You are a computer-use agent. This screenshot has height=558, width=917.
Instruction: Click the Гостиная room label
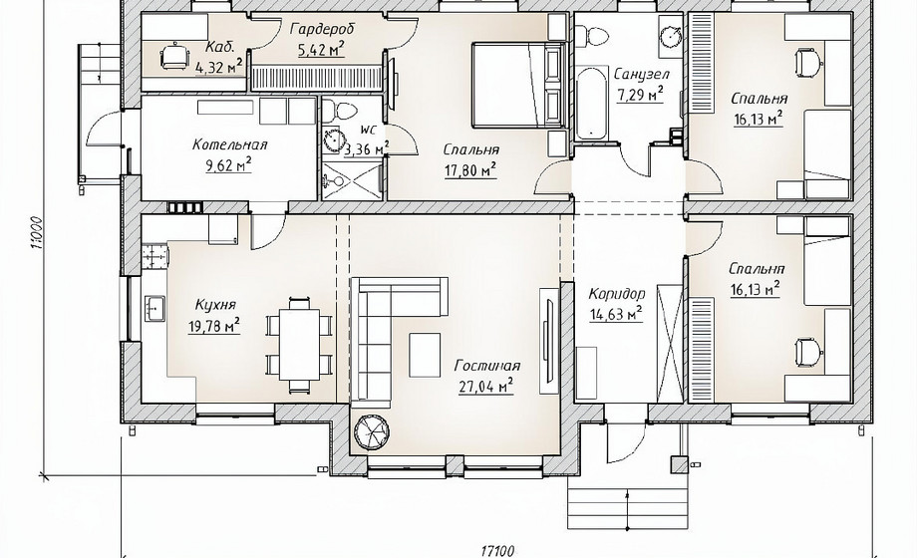487,366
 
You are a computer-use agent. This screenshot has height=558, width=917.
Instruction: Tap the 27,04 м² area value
486,386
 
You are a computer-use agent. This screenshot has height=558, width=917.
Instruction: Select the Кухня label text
215,305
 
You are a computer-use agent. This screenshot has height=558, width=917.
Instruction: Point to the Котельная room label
229,145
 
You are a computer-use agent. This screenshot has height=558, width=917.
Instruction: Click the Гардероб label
322,29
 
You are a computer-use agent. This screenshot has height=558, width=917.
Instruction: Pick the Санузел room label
642,75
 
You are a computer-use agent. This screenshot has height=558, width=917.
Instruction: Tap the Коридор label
617,294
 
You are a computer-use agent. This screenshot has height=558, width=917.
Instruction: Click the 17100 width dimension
497,550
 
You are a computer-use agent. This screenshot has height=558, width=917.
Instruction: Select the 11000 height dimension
37,233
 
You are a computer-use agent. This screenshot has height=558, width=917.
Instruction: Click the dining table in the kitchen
299,345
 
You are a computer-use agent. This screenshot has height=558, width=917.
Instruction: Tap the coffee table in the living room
425,355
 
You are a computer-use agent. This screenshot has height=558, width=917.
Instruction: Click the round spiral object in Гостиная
372,431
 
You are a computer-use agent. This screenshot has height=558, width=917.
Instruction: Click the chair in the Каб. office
174,56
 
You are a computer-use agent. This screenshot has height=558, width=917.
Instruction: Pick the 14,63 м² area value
616,315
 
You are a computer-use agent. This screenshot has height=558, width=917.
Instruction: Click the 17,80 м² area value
470,170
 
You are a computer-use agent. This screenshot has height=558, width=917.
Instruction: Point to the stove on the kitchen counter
154,256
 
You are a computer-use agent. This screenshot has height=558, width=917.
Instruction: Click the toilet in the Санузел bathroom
593,34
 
